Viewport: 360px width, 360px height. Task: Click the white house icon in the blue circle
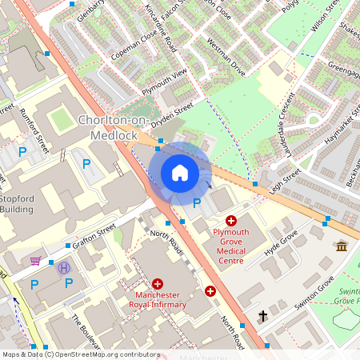[x=180, y=173]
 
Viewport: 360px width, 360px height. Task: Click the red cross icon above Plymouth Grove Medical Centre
[x=231, y=220]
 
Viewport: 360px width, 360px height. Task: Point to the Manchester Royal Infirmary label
[x=157, y=298]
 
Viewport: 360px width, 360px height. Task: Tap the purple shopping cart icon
[x=35, y=260]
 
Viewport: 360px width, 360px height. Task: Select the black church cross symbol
[x=262, y=317]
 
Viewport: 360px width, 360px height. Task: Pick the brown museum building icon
[x=342, y=246]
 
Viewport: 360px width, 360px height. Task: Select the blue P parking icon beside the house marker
[x=196, y=203]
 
